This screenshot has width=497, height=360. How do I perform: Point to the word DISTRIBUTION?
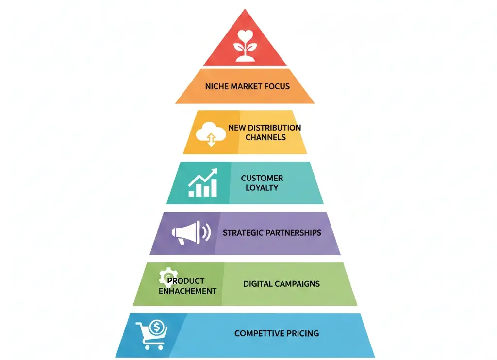pyautogui.click(x=275, y=128)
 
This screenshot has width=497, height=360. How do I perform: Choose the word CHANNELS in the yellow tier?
pyautogui.click(x=265, y=137)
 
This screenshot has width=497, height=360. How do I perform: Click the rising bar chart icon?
pyautogui.click(x=203, y=183)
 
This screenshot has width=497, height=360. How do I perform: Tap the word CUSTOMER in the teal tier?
pyautogui.click(x=262, y=178)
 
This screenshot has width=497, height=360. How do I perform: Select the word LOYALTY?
pyautogui.click(x=262, y=188)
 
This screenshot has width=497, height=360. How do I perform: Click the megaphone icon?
pyautogui.click(x=191, y=232)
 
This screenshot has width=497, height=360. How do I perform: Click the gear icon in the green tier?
pyautogui.click(x=167, y=277)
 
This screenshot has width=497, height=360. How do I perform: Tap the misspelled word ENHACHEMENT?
pyautogui.click(x=188, y=291)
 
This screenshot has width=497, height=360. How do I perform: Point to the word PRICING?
pyautogui.click(x=303, y=333)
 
